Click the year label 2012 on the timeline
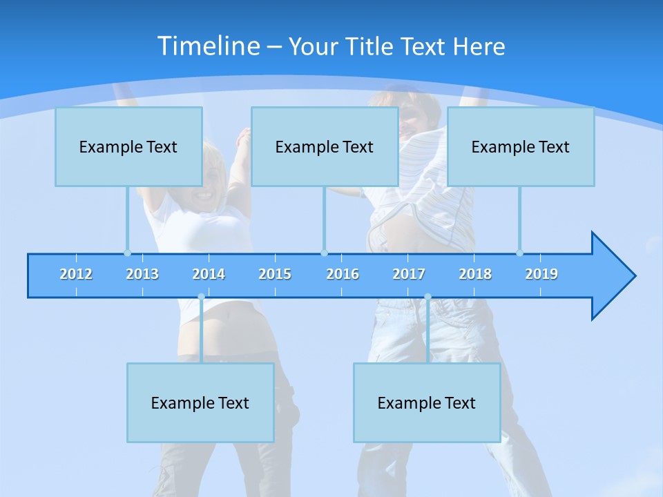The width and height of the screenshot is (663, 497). [76, 274]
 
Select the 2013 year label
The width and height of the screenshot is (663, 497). [142, 274]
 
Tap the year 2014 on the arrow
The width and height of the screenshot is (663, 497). [209, 274]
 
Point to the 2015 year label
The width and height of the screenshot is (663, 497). [275, 274]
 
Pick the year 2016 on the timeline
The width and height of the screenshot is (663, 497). [343, 274]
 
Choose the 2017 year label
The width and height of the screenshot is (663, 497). [409, 274]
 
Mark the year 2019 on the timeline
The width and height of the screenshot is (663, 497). [541, 274]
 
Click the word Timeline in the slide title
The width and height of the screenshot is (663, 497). [206, 46]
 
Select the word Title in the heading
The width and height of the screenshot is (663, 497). [372, 47]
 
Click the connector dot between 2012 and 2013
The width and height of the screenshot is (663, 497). [127, 253]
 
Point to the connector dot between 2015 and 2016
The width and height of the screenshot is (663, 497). [324, 253]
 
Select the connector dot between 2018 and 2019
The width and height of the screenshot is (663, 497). [519, 253]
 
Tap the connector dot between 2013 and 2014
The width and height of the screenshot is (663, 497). [201, 297]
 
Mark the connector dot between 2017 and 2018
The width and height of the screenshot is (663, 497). [427, 297]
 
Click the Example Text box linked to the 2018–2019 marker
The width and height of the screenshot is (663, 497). [521, 146]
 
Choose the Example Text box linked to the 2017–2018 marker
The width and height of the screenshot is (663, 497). [427, 402]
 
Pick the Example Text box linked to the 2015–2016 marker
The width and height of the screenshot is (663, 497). [325, 146]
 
